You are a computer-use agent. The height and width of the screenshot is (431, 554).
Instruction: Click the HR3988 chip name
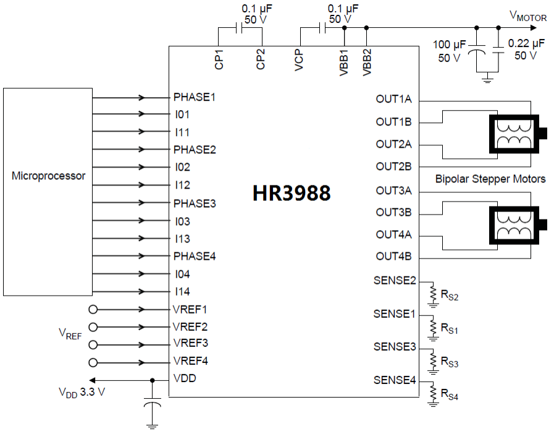coord(292,193)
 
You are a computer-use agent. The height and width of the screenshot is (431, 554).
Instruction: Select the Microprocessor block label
coord(49,176)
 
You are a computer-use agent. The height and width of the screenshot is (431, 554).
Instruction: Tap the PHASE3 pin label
coord(195,203)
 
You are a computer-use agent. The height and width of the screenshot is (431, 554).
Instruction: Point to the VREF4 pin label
coord(190,361)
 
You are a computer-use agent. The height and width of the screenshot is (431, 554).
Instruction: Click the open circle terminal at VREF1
coord(93,309)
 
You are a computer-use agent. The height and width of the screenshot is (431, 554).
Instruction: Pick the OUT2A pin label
coord(394,145)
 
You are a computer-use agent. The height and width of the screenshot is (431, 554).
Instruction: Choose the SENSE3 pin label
coord(395,348)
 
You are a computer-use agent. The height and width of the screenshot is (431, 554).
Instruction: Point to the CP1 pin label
coord(219,59)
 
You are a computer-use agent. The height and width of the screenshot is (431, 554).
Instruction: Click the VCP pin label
coord(300,59)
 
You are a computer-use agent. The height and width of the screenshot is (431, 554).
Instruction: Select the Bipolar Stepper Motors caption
coord(490,179)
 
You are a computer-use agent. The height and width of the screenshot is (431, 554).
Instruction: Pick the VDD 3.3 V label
coord(82,391)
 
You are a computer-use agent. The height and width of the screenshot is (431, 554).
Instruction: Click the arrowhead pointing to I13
coord(143,239)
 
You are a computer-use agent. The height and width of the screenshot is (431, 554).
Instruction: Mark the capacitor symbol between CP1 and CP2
coord(239,28)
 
